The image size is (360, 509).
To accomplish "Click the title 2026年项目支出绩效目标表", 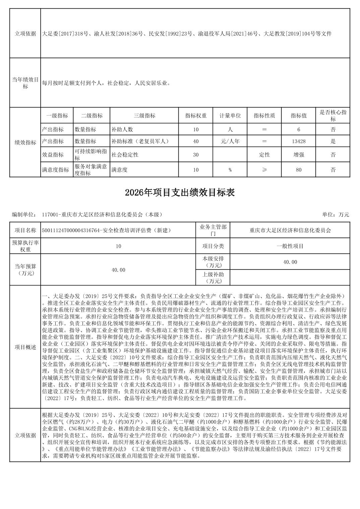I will click(x=180, y=193).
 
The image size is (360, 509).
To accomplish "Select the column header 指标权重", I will click(x=196, y=116).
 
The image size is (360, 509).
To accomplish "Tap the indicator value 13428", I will click(x=298, y=141).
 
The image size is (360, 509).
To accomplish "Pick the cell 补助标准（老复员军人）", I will click(x=140, y=141).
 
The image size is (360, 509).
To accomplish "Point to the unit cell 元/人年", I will click(x=230, y=141).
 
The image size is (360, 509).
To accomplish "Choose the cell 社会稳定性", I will click(x=125, y=155).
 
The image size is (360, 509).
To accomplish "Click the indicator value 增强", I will click(x=298, y=155).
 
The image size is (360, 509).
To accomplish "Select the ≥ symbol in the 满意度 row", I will click(x=264, y=170).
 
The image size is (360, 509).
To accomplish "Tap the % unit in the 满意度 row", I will click(x=230, y=170).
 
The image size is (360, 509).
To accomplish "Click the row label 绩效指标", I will click(x=25, y=142).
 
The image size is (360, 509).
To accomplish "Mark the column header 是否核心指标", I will click(x=333, y=116).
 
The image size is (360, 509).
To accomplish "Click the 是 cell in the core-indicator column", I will click(x=333, y=141).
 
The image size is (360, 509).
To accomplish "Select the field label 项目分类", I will click(x=213, y=246).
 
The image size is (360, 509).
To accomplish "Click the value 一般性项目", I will click(x=290, y=246).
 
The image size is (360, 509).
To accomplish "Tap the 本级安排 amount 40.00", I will click(x=290, y=262).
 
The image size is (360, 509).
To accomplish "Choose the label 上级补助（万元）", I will click(x=213, y=278).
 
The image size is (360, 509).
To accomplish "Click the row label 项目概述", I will click(x=25, y=347).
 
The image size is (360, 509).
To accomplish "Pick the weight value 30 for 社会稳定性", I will click(x=196, y=155).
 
